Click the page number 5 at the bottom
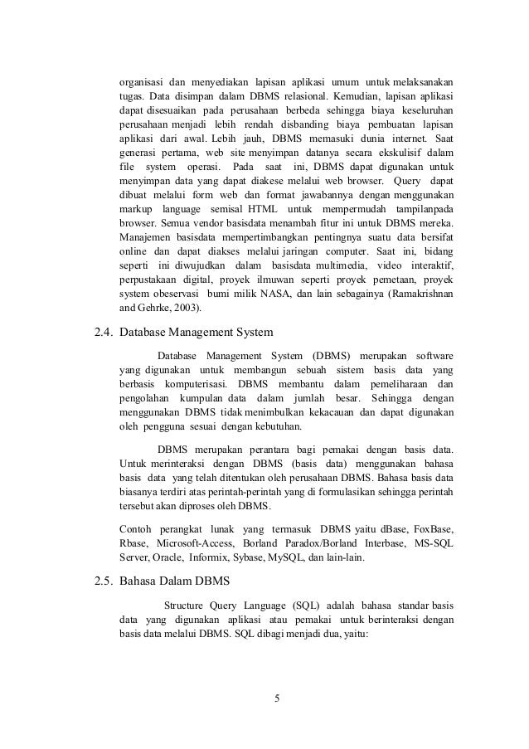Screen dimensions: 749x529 coord(279,695)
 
